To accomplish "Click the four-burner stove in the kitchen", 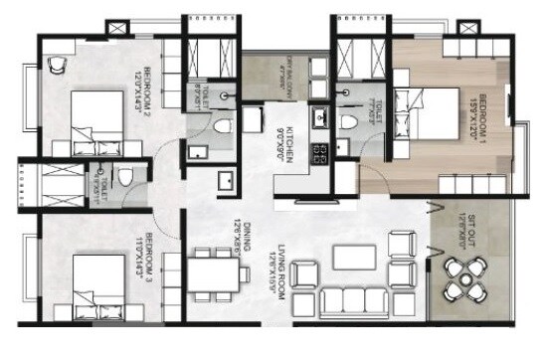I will pos(323,154).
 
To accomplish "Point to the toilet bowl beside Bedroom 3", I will pos(125,178).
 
